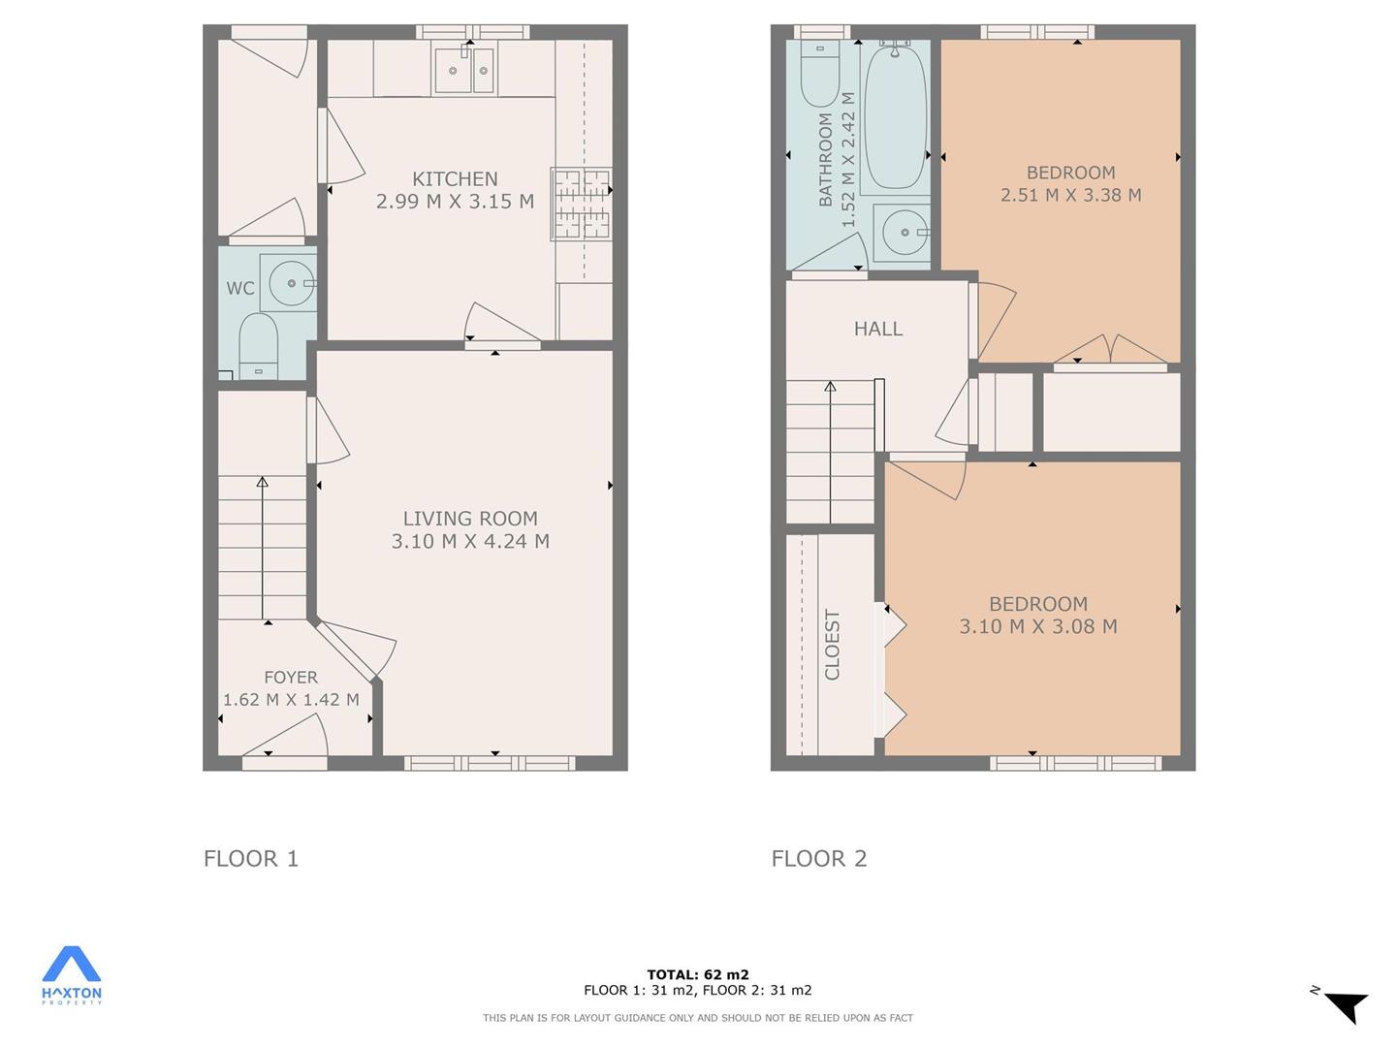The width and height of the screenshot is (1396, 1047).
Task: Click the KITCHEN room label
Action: coord(455,179)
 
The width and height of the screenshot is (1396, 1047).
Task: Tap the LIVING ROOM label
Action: coord(470,519)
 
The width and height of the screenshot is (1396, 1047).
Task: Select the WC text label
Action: coord(240,289)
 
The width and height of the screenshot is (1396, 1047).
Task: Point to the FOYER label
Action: coord(291,677)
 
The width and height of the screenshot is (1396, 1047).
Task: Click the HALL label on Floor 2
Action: coord(877,329)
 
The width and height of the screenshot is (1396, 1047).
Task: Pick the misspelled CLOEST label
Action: coord(832,645)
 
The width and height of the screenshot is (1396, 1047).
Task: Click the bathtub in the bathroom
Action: coord(895,115)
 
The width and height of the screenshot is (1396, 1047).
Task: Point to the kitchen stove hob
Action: coord(581,205)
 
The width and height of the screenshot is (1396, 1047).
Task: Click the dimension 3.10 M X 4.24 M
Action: coord(470,542)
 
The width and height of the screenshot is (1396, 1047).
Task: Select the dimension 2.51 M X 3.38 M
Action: coord(1071,195)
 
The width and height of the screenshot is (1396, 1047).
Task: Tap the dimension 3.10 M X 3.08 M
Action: coord(1038,627)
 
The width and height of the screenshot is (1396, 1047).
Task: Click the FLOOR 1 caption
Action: coord(250,859)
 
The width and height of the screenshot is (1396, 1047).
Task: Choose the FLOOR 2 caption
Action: coord(819,859)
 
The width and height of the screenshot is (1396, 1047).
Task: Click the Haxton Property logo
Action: coord(71,976)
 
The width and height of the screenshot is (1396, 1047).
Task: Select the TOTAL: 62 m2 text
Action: coord(698,974)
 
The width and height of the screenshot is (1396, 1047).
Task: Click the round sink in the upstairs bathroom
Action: coord(904,233)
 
